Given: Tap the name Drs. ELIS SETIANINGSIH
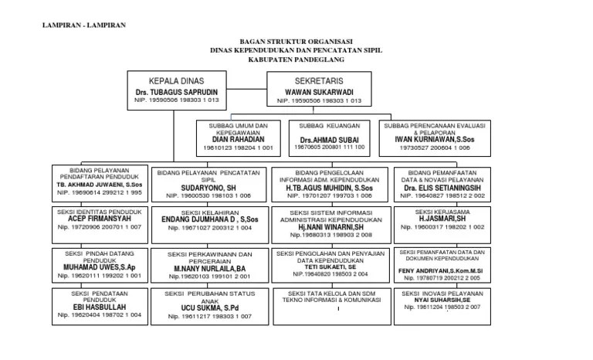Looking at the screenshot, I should pos(442,188).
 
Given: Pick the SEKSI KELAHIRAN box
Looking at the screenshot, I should pos(206,219).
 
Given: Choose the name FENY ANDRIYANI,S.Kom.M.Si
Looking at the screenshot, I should pos(440,272).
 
